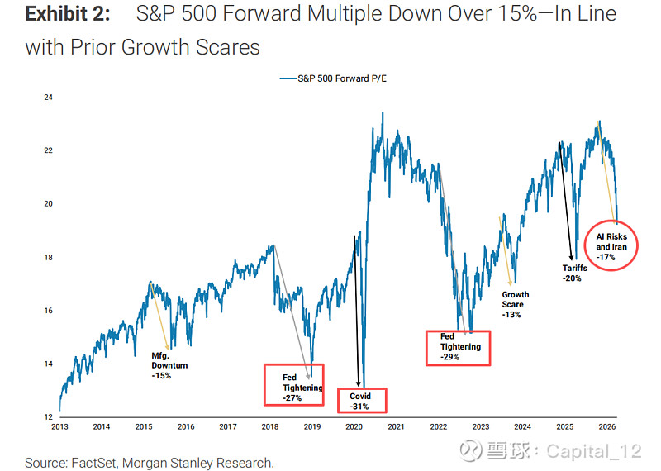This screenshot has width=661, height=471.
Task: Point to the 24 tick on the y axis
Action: pyautogui.click(x=49, y=98)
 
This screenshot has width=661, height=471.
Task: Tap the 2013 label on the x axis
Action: pyautogui.click(x=59, y=426)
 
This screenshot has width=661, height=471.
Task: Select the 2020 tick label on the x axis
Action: pyautogui.click(x=354, y=426)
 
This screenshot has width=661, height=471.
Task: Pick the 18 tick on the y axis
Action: pyautogui.click(x=49, y=258)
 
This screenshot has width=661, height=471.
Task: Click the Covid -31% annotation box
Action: pyautogui.click(x=363, y=402)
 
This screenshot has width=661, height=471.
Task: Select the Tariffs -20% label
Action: pyautogui.click(x=572, y=273)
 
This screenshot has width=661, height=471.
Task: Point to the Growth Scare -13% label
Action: pyautogui.click(x=516, y=305)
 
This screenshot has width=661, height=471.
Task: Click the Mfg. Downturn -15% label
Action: pyautogui.click(x=169, y=365)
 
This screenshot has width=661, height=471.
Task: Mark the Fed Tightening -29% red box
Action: pyautogui.click(x=458, y=347)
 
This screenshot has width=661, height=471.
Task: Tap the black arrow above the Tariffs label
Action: pyautogui.click(x=568, y=198)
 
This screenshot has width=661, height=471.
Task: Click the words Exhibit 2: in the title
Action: pyautogui.click(x=69, y=15)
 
